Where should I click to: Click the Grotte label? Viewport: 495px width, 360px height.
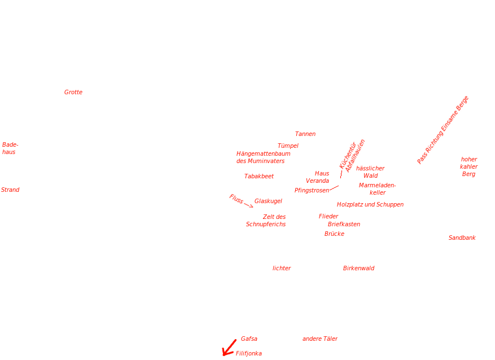[73, 92]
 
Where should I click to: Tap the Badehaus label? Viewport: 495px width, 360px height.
[10, 148]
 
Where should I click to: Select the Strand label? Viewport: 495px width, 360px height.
[10, 190]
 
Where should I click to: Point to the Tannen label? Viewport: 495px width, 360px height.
[305, 134]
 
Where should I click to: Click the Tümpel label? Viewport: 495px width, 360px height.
[288, 146]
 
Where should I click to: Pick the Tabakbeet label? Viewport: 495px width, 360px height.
[259, 176]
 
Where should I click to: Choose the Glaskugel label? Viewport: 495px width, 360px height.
[268, 201]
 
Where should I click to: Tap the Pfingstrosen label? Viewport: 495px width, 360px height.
[312, 190]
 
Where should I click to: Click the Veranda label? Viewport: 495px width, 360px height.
[317, 181]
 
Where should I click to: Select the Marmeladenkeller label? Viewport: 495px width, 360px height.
[378, 188]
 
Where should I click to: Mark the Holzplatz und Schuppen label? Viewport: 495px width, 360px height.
[370, 204]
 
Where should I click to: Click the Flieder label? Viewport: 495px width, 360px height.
[328, 216]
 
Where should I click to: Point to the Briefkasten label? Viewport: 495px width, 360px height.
[344, 224]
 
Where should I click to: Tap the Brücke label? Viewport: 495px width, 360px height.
[334, 233]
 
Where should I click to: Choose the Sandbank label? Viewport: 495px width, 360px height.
[462, 238]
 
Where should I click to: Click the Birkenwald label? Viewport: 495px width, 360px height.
[358, 268]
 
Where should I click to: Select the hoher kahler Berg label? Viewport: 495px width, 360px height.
[468, 166]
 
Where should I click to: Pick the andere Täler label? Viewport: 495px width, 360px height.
[320, 339]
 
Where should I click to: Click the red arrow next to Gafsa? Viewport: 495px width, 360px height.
[229, 347]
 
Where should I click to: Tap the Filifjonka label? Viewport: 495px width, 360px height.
[249, 353]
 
